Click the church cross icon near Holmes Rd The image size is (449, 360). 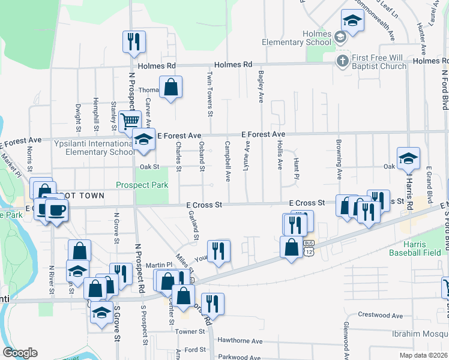pos(342,61)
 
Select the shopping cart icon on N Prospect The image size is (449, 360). pos(130,121)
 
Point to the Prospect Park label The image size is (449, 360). pos(142,185)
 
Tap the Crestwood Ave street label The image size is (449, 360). pos(380,315)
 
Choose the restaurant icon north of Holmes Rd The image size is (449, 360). pos(132,41)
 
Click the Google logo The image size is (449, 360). pos(20,353)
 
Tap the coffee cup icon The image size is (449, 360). pos(56,210)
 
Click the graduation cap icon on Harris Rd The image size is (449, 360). pos(408,158)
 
